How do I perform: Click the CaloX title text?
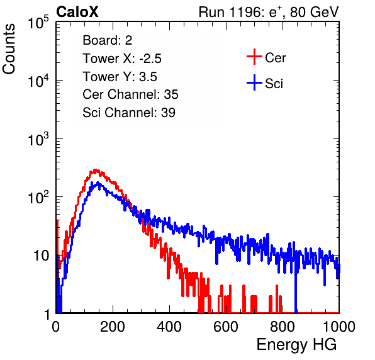[77, 12]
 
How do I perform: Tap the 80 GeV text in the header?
[314, 12]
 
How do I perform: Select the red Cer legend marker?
[254, 57]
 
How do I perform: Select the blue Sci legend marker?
[254, 82]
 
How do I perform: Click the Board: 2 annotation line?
[108, 40]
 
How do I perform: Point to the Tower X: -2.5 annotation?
[122, 59]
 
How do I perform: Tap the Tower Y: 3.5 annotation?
[120, 77]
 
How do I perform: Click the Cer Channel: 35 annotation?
[130, 94]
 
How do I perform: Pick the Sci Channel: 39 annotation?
[129, 112]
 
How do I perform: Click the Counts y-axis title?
[9, 48]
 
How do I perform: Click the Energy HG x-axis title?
[296, 344]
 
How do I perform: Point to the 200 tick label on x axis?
[113, 327]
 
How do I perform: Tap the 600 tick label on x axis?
[226, 327]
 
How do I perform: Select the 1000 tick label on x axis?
[339, 327]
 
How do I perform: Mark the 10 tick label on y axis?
[41, 256]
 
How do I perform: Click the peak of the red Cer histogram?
[96, 170]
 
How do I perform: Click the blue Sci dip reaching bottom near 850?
[296, 287]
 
